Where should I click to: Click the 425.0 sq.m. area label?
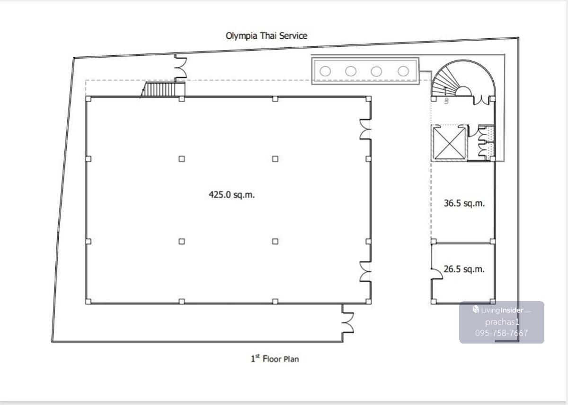tap(231, 195)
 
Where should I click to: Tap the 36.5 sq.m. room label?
tap(464, 203)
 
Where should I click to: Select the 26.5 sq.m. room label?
tap(464, 269)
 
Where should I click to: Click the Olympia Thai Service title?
tap(266, 36)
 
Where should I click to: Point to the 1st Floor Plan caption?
tap(275, 359)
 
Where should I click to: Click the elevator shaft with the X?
tap(449, 143)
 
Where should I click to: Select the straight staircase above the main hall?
tap(163, 89)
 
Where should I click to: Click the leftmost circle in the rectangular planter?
tap(325, 71)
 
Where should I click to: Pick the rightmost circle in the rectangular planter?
tap(403, 71)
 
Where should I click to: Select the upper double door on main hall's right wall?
tap(365, 129)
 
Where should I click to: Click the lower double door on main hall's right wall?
tap(365, 272)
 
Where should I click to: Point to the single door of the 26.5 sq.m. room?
tap(437, 274)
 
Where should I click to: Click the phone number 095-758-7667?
tap(502, 333)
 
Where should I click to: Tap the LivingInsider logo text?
tap(502, 310)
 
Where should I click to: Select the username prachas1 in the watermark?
tap(502, 322)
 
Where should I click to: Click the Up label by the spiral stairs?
tap(446, 101)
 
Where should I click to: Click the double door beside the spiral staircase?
tap(481, 101)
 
